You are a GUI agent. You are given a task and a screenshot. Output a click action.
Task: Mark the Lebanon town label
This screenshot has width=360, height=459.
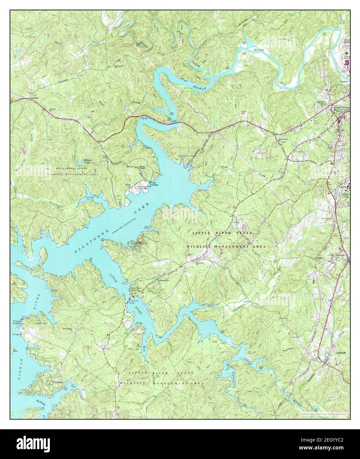[x=340, y=353]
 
